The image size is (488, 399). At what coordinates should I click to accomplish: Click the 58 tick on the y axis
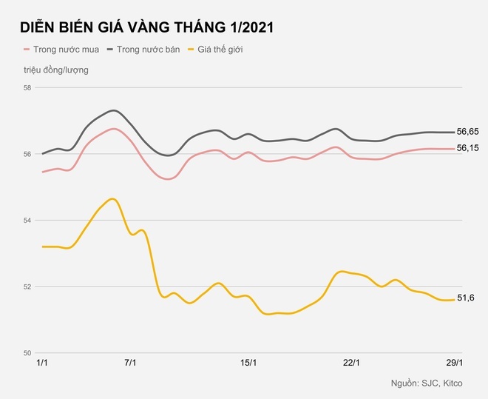(28, 88)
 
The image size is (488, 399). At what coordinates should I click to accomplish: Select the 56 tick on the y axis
(28, 154)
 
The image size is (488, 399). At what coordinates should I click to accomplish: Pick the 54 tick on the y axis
(28, 221)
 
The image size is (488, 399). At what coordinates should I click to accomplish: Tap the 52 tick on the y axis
(28, 286)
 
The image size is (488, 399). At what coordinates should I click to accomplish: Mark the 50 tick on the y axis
(28, 352)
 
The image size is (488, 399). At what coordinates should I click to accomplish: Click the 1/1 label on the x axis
(44, 363)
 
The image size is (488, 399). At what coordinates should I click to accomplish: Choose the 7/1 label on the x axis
(132, 363)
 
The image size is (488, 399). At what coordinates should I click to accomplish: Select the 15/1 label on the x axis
(249, 363)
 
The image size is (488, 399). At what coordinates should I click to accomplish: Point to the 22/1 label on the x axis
(352, 363)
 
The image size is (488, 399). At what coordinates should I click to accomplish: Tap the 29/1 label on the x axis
(454, 363)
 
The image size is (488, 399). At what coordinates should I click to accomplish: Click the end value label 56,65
(468, 132)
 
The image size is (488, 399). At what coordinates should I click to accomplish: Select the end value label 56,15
(468, 149)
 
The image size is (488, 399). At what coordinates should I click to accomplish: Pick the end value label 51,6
(466, 298)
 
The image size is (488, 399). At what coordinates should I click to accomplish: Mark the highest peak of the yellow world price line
(112, 198)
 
